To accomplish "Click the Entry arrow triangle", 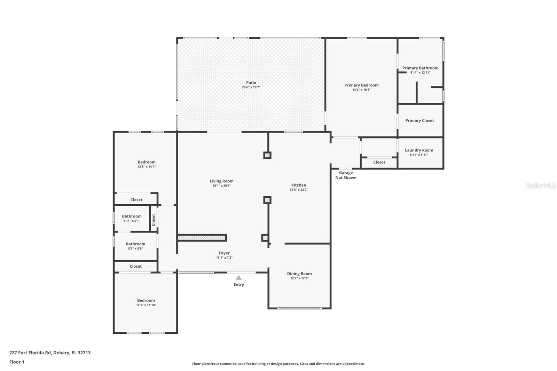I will (238, 278).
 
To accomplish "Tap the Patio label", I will (251, 82).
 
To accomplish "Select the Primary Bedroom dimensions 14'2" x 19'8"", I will (361, 90).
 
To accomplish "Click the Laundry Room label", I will (419, 150).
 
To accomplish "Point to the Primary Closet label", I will (419, 120).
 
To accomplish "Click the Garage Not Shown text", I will (346, 175).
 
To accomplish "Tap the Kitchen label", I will (299, 185).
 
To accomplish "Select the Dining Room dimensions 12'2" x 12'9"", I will (299, 278).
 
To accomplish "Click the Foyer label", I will (224, 253).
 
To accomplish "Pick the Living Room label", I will (221, 181).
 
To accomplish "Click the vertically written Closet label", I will (154, 220).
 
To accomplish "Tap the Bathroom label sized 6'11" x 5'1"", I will (132, 216).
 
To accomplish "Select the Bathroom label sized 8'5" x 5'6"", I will (135, 244).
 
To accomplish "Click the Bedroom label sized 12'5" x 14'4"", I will (147, 162).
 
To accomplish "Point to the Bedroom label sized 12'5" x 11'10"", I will (146, 300).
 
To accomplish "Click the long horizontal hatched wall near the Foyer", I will (202, 238).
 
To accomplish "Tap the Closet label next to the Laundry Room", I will (379, 162).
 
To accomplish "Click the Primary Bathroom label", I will (420, 68).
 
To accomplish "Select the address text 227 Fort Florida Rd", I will (31, 353).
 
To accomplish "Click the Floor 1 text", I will (17, 362).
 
